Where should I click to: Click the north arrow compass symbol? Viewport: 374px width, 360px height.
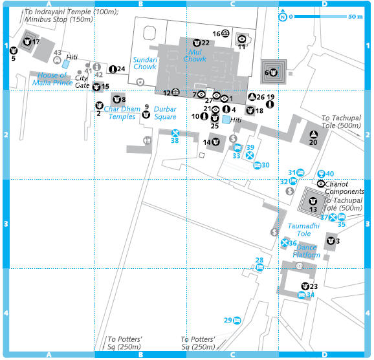click(283, 16)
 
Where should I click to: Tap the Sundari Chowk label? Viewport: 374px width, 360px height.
click(145, 63)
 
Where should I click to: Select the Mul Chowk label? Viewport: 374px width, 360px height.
click(195, 56)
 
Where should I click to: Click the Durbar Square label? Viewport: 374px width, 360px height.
click(165, 113)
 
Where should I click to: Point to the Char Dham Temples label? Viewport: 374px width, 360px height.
click(122, 112)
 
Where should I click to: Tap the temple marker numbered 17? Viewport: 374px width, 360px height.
click(27, 42)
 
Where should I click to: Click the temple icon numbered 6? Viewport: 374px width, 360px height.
click(273, 72)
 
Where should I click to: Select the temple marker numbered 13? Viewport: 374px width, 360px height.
click(313, 201)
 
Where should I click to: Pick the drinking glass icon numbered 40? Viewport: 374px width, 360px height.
click(322, 174)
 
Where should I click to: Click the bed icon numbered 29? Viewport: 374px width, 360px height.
click(237, 320)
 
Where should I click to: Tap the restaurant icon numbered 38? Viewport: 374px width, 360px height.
click(175, 133)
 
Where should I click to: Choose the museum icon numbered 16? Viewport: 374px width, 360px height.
click(225, 33)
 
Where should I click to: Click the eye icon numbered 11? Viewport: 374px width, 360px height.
click(242, 39)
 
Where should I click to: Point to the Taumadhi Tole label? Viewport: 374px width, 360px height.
click(303, 229)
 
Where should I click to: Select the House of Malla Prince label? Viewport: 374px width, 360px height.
click(52, 79)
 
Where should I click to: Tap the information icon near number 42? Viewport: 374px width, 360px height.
click(96, 67)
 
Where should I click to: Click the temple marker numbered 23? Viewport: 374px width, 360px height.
click(305, 286)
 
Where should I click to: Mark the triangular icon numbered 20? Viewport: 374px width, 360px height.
click(313, 134)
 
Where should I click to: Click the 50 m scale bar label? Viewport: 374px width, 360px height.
click(355, 17)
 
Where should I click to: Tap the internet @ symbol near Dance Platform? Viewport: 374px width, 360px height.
click(299, 266)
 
